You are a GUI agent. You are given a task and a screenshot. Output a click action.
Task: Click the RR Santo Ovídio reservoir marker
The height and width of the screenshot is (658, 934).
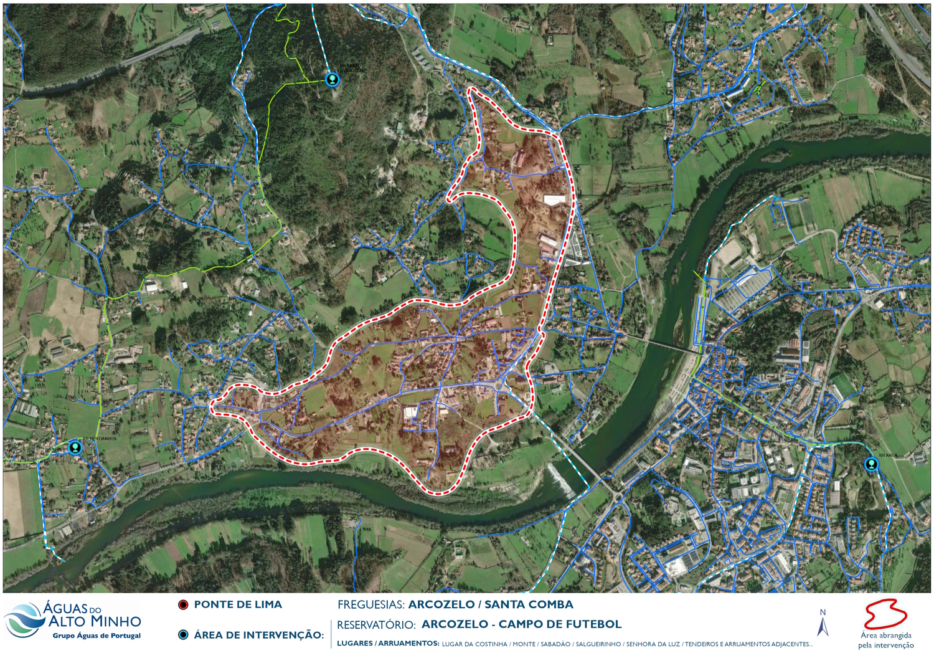[x=333, y=79]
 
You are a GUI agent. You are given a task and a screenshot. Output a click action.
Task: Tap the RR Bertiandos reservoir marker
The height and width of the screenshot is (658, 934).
[x=75, y=447]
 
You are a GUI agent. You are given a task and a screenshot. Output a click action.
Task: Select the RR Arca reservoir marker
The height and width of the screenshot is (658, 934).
[x=870, y=464]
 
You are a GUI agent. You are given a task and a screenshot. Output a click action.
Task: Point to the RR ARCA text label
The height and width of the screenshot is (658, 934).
[x=888, y=455]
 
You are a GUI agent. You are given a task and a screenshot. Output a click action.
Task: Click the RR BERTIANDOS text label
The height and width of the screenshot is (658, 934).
[x=99, y=439]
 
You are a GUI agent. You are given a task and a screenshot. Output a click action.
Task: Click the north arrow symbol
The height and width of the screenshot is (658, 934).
[x=823, y=623]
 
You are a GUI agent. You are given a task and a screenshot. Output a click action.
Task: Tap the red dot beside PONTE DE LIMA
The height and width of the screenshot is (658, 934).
[x=183, y=605]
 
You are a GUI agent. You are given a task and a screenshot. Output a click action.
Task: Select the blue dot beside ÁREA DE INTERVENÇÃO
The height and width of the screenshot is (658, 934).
[x=183, y=635]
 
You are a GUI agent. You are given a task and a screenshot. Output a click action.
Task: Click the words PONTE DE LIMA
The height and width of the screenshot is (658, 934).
[x=238, y=604]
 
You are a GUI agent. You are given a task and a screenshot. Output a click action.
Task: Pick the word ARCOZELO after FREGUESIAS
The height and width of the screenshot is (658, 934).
[x=441, y=604]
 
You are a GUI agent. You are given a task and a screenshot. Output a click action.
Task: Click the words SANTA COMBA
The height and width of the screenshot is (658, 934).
[x=529, y=604]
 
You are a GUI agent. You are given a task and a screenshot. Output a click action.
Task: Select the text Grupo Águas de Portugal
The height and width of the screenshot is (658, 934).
[x=97, y=636]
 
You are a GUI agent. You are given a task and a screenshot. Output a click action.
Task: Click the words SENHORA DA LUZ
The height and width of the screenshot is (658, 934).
[x=653, y=644]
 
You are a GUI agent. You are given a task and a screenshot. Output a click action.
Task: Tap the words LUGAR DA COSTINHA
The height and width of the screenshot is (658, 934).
[x=474, y=644]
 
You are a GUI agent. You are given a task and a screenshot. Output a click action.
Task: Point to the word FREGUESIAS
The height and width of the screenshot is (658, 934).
[x=370, y=604]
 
